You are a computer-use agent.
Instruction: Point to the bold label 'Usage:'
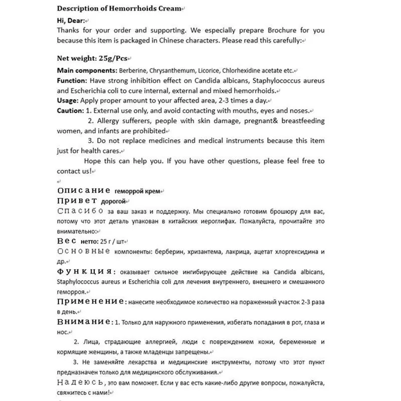pyautogui.click(x=69, y=101)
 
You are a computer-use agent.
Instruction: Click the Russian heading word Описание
pyautogui.click(x=84, y=190)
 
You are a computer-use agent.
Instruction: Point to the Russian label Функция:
pyautogui.click(x=86, y=271)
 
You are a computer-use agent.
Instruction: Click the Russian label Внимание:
pyautogui.click(x=86, y=321)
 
